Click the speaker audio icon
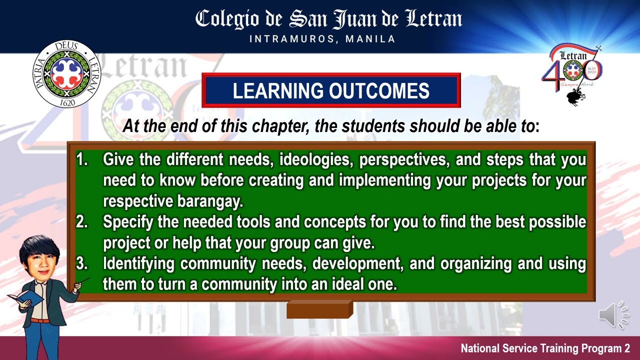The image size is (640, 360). (x=613, y=315)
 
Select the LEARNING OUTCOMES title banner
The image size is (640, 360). (x=331, y=90)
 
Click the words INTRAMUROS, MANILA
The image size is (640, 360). (x=322, y=39)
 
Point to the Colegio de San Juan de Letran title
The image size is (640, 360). (x=328, y=19)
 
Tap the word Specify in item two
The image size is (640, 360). (x=128, y=222)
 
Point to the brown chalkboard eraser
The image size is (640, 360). (x=319, y=309)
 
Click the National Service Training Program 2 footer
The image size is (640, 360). (x=545, y=348)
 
